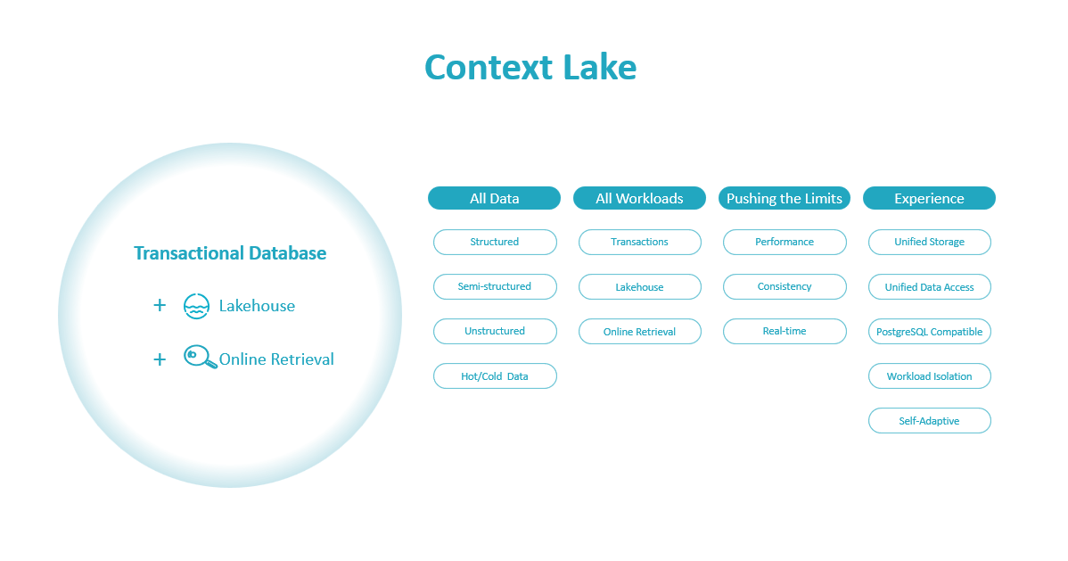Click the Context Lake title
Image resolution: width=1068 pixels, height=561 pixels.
coord(530,68)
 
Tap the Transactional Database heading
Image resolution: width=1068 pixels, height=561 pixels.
coord(230,253)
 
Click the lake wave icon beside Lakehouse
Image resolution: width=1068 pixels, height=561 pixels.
coord(196,306)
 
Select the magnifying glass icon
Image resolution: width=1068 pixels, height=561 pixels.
coord(201,357)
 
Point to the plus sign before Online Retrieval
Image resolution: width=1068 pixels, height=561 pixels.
coord(160,359)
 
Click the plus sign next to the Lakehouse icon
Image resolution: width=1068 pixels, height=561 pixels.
coord(160,305)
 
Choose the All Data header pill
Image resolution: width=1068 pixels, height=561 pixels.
coord(495,198)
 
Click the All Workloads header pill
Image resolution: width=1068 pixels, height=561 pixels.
coord(639,198)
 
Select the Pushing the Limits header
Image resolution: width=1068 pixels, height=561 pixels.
coord(785,198)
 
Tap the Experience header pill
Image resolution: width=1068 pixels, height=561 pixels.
coord(929,198)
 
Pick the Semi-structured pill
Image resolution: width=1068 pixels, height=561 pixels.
coord(495,286)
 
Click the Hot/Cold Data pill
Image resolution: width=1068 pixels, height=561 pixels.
coord(495,376)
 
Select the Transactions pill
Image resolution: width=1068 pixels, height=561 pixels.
coord(639,242)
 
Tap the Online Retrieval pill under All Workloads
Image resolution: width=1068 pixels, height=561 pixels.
coord(639,331)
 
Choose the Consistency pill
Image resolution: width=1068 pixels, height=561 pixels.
coord(785,286)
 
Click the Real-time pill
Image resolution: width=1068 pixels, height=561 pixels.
coord(785,331)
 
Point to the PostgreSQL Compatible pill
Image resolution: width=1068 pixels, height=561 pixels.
coord(930,331)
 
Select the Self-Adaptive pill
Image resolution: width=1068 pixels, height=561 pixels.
coord(930,421)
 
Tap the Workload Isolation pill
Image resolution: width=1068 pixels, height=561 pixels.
coord(930,376)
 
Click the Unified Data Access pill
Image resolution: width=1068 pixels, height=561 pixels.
coord(930,287)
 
